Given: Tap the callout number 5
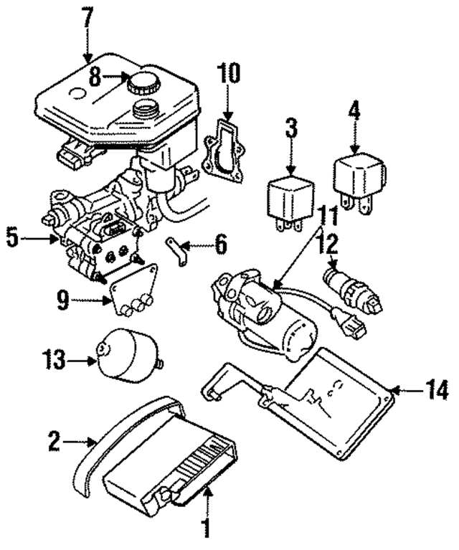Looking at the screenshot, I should (13, 237).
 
